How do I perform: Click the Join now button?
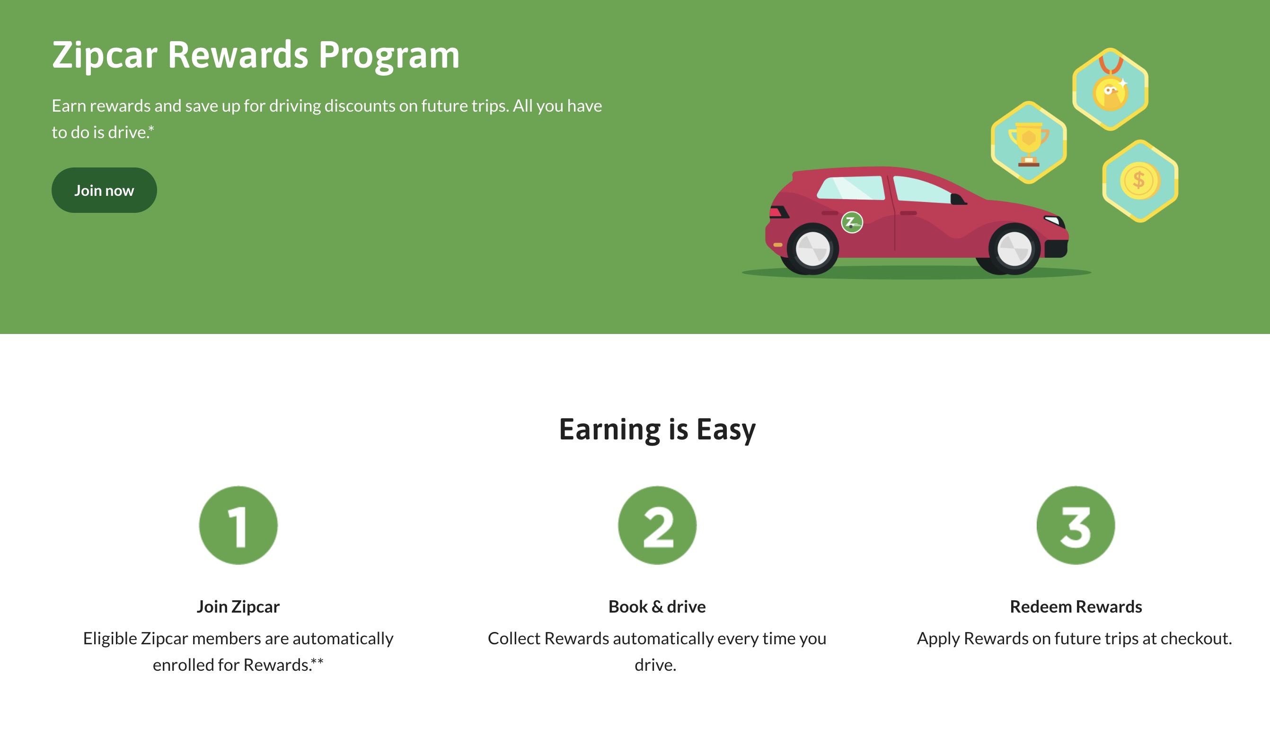coord(104,191)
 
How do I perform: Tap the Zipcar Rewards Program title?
coord(256,54)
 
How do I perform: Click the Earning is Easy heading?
coord(657,429)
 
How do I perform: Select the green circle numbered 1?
coord(238,525)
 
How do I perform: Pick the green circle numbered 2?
coord(657,525)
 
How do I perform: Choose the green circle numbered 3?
coord(1076,525)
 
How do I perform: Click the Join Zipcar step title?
coord(238,606)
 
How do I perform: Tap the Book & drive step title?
coord(657,606)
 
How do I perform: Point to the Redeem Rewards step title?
coord(1076,606)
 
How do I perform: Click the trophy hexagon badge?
coord(1029,142)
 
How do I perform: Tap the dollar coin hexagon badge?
coord(1140,180)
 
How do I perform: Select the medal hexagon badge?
coord(1110,89)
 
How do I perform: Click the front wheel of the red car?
coord(1014,249)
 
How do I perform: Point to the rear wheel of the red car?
coord(812,249)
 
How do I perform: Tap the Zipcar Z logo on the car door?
coord(852,222)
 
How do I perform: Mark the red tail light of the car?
coord(776,212)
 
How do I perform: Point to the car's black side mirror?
coord(957,199)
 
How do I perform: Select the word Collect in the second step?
coord(513,639)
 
